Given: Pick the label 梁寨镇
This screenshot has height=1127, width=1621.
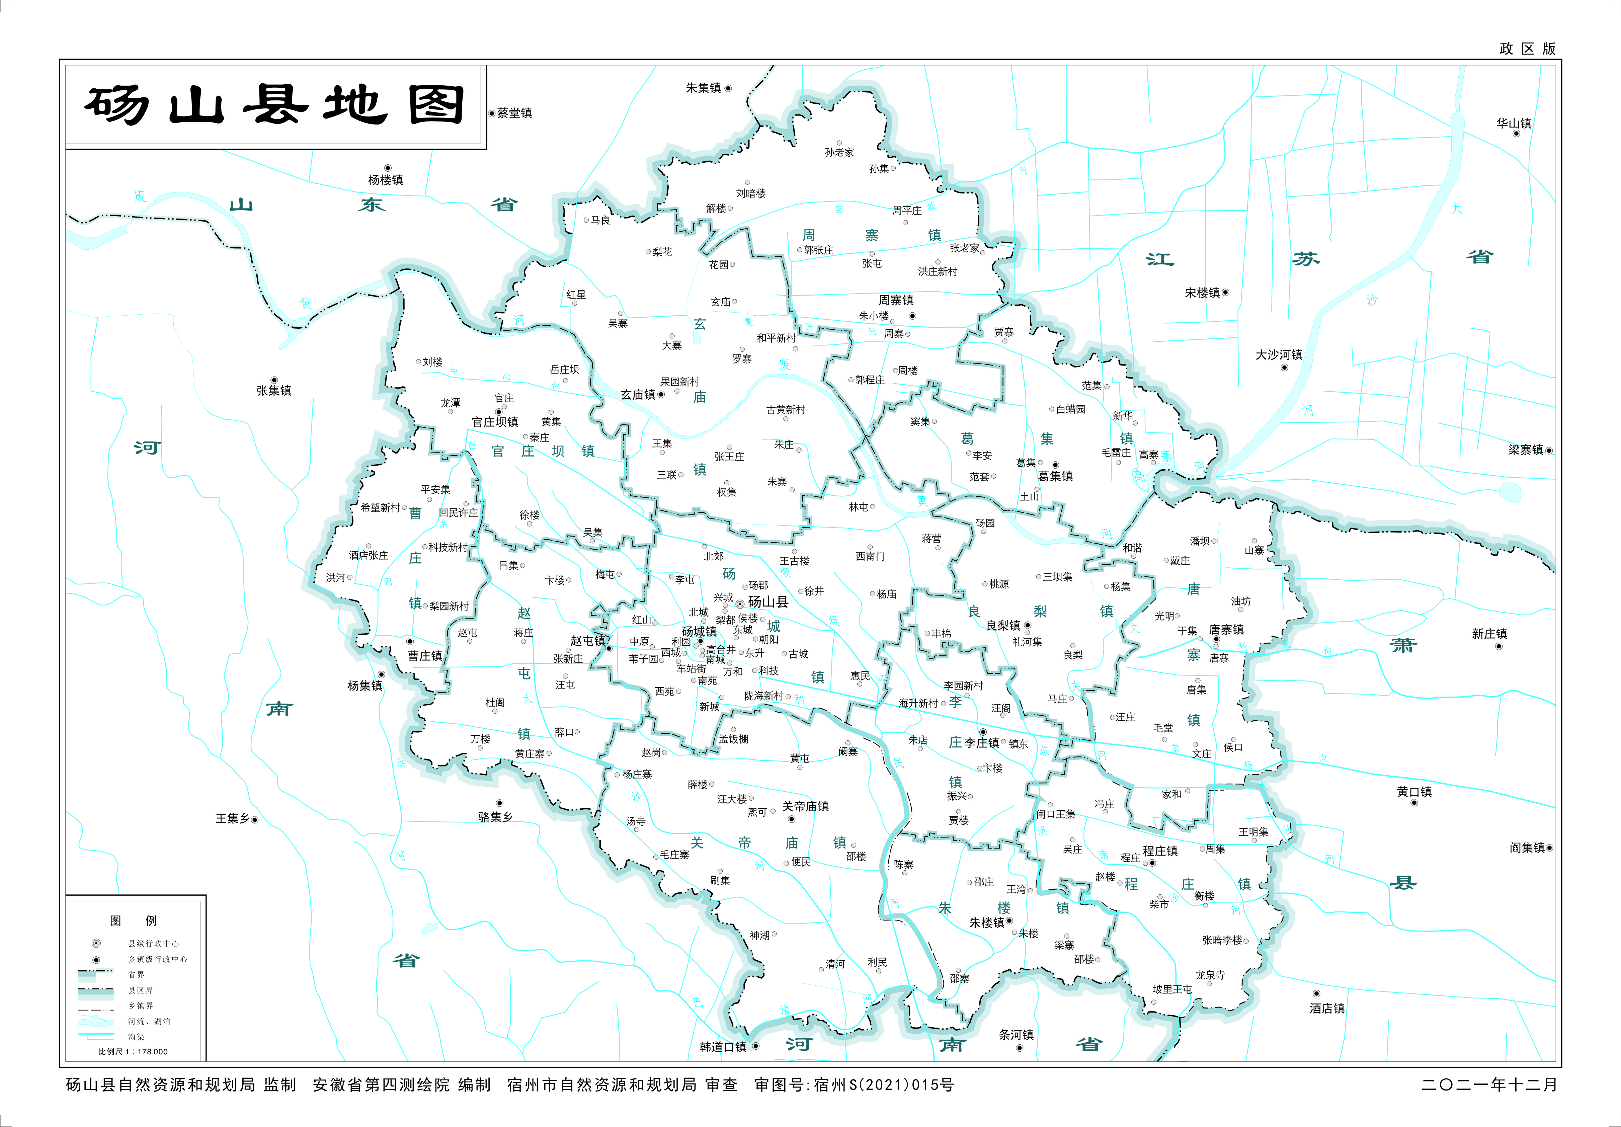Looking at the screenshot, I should pos(1525,450).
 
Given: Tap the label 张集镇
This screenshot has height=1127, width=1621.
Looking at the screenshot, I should pos(274,391).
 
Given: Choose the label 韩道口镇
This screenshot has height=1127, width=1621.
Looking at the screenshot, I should pos(722,1046).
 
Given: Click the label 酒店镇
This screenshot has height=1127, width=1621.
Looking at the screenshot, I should pos(1326,1009).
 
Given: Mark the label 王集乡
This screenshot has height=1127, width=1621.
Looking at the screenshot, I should pos(232,818).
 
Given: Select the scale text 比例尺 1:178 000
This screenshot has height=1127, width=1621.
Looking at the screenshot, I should pos(133,1051).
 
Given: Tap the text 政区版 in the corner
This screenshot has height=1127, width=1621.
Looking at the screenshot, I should pos(1527,49).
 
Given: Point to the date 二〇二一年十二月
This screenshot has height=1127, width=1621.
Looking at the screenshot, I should pos(1489,1084).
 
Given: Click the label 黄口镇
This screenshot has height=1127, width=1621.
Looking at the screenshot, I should pos(1414,792).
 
